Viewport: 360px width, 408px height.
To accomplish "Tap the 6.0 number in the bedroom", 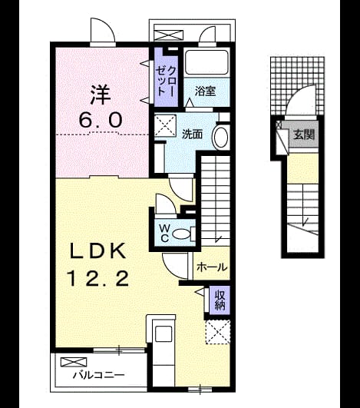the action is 101,120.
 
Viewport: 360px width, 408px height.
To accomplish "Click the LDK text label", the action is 97,250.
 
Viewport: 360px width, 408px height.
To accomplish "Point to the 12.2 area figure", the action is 98,278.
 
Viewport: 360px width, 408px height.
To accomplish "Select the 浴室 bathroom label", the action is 206,91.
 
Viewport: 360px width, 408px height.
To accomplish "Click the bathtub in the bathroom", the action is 207,62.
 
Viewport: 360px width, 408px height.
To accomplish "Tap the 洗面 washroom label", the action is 192,134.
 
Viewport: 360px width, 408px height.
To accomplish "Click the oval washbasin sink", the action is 221,137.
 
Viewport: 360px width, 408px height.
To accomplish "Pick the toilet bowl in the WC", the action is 181,234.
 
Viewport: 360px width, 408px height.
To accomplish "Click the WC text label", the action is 164,233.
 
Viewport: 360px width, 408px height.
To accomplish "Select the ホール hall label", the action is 212,267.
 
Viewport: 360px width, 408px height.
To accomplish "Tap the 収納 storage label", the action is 220,300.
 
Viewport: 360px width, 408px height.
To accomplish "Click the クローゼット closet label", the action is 166,81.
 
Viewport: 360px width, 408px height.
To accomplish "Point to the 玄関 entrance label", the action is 304,134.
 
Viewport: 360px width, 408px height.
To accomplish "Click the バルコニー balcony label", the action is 98,375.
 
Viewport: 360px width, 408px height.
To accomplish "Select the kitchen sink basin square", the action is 163,334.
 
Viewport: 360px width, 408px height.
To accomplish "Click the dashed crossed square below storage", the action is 218,332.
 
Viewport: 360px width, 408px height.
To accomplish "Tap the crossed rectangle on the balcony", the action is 73,362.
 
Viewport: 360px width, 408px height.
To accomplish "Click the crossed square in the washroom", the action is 165,126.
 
